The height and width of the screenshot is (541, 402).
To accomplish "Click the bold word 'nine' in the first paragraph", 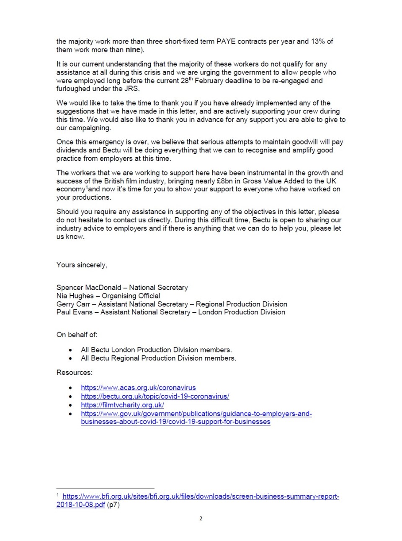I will pyautogui.click(x=133, y=50).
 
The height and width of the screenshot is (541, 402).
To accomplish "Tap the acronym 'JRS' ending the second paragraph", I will pyautogui.click(x=132, y=89).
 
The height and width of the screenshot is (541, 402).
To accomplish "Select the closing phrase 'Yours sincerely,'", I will pyautogui.click(x=82, y=265).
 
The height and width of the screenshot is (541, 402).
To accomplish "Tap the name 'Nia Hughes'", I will pyautogui.click(x=75, y=296).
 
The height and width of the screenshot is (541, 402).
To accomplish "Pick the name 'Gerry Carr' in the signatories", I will pyautogui.click(x=73, y=304).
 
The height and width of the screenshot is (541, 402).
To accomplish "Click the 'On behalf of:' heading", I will pyautogui.click(x=77, y=335).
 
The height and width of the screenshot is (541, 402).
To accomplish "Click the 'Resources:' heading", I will pyautogui.click(x=75, y=372).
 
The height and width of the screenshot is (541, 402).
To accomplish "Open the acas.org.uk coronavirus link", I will pyautogui.click(x=138, y=388).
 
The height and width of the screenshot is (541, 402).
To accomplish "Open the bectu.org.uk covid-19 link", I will pyautogui.click(x=155, y=396).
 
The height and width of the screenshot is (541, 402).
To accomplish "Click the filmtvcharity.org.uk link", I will pyautogui.click(x=122, y=405).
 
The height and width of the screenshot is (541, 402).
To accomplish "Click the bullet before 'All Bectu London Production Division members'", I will pyautogui.click(x=70, y=350).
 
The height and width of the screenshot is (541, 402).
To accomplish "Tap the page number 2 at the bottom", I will pyautogui.click(x=201, y=518).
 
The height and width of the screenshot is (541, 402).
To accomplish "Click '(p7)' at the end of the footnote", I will pyautogui.click(x=113, y=505).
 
